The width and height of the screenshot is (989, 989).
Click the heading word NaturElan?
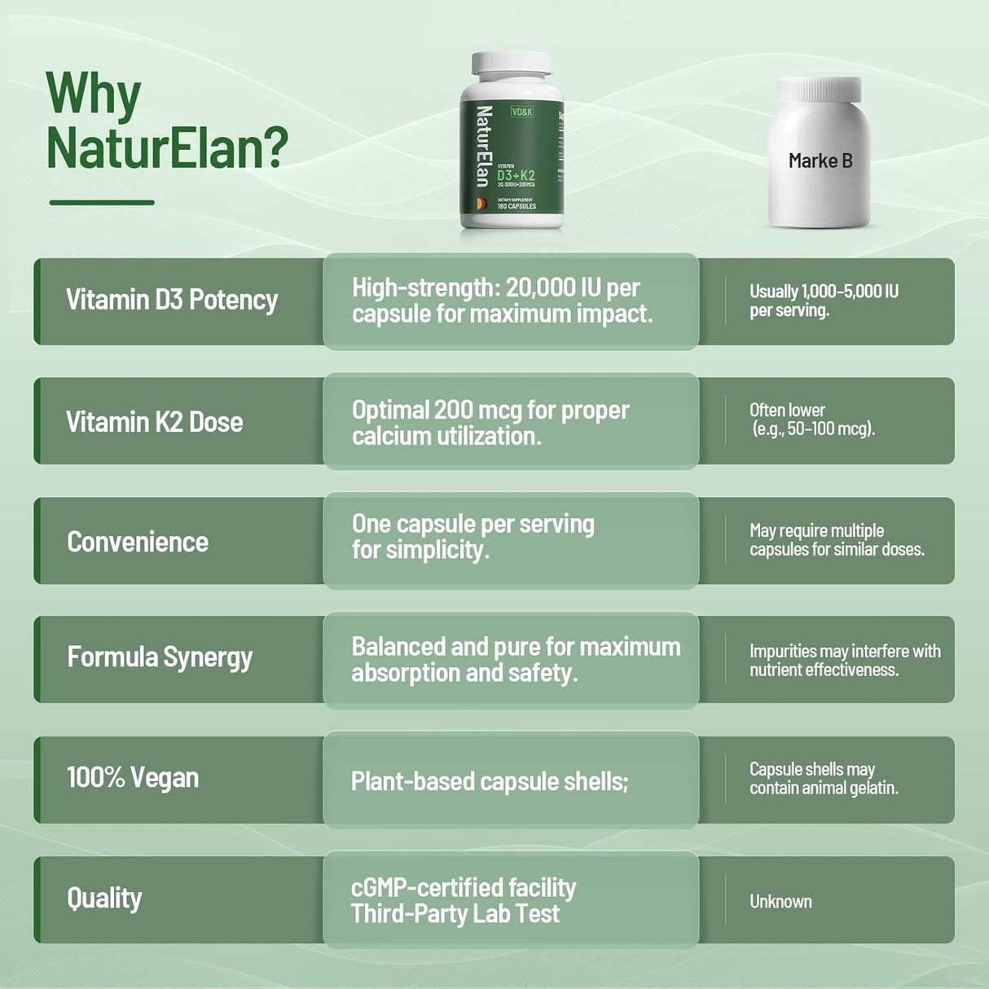pyautogui.click(x=167, y=147)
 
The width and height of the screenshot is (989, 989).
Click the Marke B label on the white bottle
pyautogui.click(x=820, y=160)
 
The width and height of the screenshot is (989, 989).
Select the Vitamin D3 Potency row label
pyautogui.click(x=172, y=300)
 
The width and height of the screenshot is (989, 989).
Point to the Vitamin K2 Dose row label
pyautogui.click(x=155, y=422)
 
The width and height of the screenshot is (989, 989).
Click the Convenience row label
pyautogui.click(x=138, y=542)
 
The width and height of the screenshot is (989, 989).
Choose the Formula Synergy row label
pyautogui.click(x=160, y=657)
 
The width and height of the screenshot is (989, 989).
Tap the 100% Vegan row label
pyautogui.click(x=133, y=777)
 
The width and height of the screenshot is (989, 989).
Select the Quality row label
pyautogui.click(x=104, y=898)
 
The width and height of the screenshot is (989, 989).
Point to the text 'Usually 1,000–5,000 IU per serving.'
pyautogui.click(x=823, y=301)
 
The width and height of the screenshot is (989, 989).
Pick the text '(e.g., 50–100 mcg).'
pyautogui.click(x=813, y=429)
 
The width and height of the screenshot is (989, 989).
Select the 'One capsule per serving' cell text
pyautogui.click(x=473, y=524)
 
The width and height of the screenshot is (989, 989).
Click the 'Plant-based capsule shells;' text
pyautogui.click(x=489, y=781)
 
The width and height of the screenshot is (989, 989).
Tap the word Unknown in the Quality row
pyautogui.click(x=780, y=901)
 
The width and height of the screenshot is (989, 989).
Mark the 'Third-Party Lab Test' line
pyautogui.click(x=455, y=913)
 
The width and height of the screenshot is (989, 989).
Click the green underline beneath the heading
pyautogui.click(x=102, y=202)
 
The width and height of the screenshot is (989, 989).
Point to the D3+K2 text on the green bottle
pyautogui.click(x=516, y=175)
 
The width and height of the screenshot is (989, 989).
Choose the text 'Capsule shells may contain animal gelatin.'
pyautogui.click(x=823, y=779)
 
